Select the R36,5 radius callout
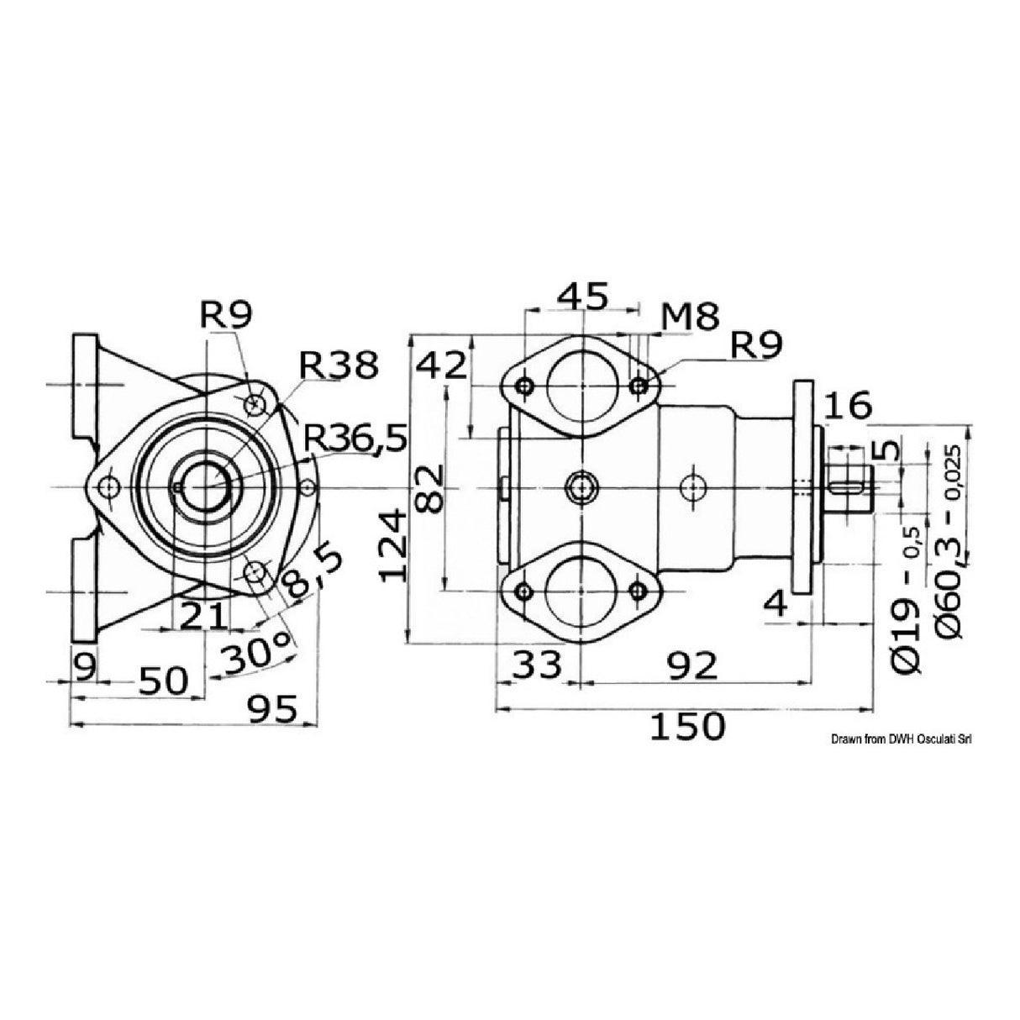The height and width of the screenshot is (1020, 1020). click(x=356, y=437)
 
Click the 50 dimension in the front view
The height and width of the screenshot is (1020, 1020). click(x=164, y=681)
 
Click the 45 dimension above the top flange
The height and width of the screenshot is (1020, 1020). click(x=583, y=297)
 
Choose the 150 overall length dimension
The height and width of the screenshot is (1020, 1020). click(x=686, y=726)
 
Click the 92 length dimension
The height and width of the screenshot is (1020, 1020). click(x=693, y=666)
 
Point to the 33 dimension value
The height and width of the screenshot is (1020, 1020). click(x=537, y=666)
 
